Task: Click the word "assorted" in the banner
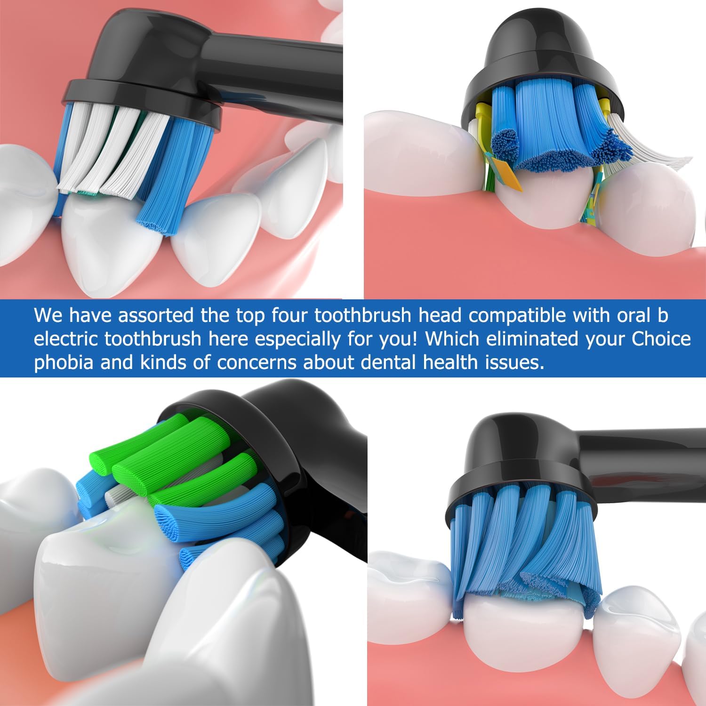click(x=155, y=316)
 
